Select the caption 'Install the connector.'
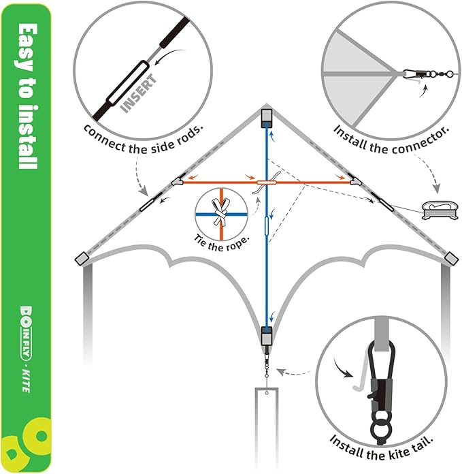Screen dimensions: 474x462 (x=391, y=129)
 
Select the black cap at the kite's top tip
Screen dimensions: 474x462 (x=266, y=118)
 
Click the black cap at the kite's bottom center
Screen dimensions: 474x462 (x=266, y=336)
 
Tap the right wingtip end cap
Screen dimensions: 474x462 (x=450, y=257)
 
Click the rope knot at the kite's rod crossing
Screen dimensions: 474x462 (x=266, y=183)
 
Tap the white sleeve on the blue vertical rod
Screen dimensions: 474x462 (x=267, y=225)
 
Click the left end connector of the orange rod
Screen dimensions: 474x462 (x=178, y=183)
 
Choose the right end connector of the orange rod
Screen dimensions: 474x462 (x=354, y=182)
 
